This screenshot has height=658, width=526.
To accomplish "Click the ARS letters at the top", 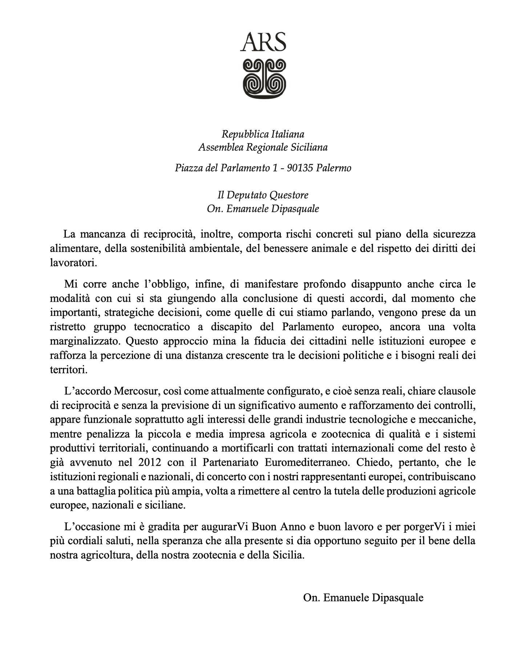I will pyautogui.click(x=263, y=42).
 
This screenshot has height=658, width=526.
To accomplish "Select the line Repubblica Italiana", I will pyautogui.click(x=263, y=134).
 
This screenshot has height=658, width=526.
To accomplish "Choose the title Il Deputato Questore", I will pyautogui.click(x=263, y=195).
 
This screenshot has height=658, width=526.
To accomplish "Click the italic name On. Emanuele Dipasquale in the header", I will pyautogui.click(x=263, y=209).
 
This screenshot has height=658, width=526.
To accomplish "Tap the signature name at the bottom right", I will pyautogui.click(x=363, y=598).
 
